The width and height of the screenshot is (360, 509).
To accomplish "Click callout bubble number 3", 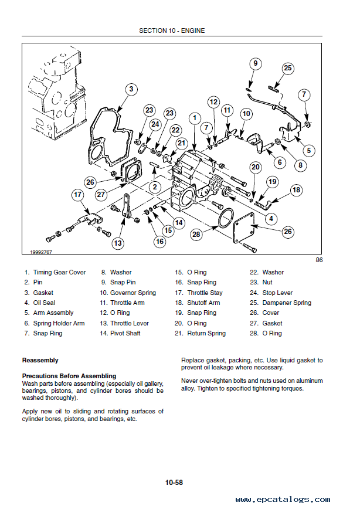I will click(131, 89).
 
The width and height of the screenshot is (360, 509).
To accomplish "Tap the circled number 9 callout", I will click(255, 64).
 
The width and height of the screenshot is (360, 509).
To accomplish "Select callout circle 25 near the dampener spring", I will click(287, 68).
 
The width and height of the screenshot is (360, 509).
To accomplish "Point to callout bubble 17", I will click(78, 195).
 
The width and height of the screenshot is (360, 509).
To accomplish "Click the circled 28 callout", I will click(196, 235).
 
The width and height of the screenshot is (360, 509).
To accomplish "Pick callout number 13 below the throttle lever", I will click(118, 243).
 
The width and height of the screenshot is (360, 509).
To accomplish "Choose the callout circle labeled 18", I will click(296, 189).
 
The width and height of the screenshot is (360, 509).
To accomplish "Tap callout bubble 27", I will click(100, 195).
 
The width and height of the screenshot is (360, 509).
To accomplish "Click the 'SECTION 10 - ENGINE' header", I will click(172, 30).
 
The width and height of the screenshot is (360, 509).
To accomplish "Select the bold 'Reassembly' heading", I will click(40, 360).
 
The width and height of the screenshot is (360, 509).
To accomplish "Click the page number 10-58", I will click(174, 483).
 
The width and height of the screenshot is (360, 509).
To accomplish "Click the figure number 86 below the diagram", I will click(318, 260).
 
